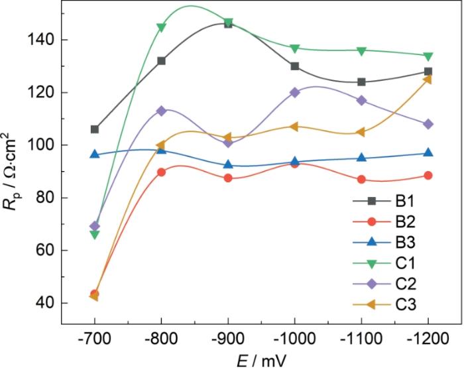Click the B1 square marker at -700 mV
click(x=95, y=129)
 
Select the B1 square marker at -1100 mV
click(x=361, y=82)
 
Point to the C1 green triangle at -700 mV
click(x=95, y=235)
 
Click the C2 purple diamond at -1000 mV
click(x=295, y=92)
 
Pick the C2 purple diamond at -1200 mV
click(x=428, y=124)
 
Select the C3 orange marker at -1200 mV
click(x=428, y=80)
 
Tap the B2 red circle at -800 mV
click(x=161, y=172)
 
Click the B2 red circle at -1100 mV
click(x=361, y=180)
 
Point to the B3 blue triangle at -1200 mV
click(x=428, y=153)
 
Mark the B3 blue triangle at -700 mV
click(x=95, y=154)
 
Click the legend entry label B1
click(x=405, y=202)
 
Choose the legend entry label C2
click(x=406, y=284)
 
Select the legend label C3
click(x=406, y=304)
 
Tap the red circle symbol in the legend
click(x=371, y=221)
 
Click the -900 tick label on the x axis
click(x=228, y=339)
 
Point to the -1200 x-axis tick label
click(x=428, y=339)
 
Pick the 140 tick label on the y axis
click(x=40, y=40)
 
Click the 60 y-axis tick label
click(x=45, y=251)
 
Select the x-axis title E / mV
click(x=262, y=360)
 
